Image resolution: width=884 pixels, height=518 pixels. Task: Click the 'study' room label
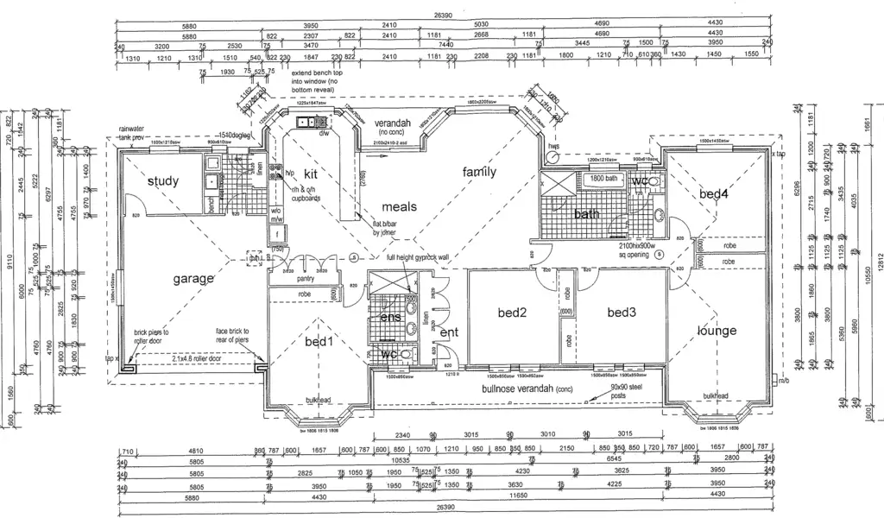(x=163, y=180)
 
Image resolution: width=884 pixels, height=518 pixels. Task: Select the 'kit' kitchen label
(x=311, y=174)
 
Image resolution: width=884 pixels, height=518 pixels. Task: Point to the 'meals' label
(x=400, y=206)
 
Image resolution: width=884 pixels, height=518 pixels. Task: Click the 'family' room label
(x=479, y=172)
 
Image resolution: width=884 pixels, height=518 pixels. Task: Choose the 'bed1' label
(x=319, y=342)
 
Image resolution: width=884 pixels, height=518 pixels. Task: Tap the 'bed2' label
(x=511, y=313)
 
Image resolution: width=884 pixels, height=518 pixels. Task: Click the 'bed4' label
(x=714, y=194)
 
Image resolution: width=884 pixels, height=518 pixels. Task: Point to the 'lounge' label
(x=717, y=331)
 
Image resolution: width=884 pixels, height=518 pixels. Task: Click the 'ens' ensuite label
(x=390, y=318)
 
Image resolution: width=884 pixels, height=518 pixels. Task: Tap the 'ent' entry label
(x=449, y=332)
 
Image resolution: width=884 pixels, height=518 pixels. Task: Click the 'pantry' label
(x=306, y=279)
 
